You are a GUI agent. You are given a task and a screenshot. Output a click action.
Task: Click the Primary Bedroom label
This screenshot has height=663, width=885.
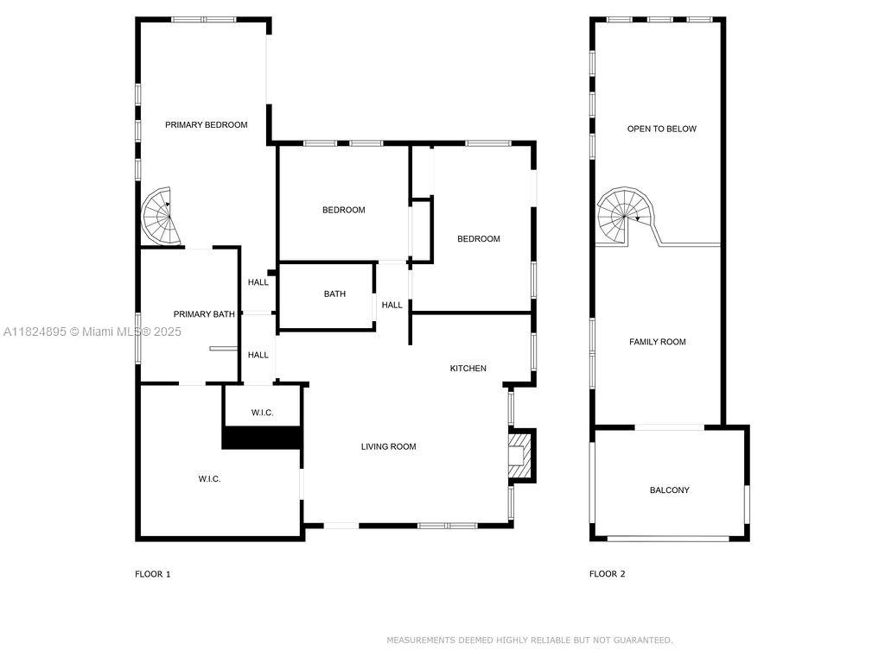(x=206, y=125)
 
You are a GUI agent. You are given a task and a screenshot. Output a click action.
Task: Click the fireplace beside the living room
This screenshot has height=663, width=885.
(x=519, y=454)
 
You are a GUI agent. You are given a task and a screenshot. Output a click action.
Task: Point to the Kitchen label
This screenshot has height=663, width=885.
(x=468, y=369)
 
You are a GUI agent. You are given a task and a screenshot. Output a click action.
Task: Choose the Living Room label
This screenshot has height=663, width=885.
(x=388, y=447)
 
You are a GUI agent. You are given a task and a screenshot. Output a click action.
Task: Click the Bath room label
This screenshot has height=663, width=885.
(x=334, y=294)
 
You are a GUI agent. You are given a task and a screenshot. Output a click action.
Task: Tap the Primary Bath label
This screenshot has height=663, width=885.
(x=204, y=314)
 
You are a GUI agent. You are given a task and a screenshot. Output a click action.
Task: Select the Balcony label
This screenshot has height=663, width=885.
(x=669, y=490)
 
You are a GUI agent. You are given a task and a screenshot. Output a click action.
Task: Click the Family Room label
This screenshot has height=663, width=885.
(x=657, y=342)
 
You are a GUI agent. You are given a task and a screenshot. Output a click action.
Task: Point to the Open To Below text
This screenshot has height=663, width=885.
(x=661, y=129)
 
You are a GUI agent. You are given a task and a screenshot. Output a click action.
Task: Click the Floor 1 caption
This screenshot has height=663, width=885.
(x=152, y=574)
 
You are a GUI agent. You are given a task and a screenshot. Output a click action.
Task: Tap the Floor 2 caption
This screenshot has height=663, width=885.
(x=607, y=574)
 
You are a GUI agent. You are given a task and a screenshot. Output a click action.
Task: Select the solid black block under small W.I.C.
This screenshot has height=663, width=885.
(x=262, y=438)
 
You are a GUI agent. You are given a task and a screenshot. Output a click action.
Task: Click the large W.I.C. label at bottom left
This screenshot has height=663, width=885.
(x=209, y=479)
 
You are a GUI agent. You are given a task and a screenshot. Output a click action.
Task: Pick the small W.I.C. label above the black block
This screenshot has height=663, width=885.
(x=262, y=413)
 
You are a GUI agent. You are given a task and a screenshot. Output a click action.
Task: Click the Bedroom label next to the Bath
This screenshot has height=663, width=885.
(x=343, y=210)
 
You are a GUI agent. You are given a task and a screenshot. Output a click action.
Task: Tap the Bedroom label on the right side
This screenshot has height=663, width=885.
(x=478, y=239)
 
